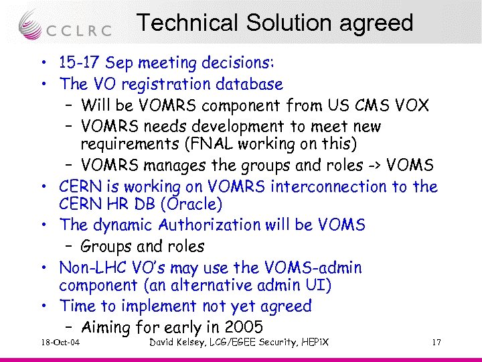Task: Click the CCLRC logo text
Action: click(x=79, y=31)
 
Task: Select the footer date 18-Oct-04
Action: click(x=60, y=343)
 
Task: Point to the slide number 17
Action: click(x=436, y=343)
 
